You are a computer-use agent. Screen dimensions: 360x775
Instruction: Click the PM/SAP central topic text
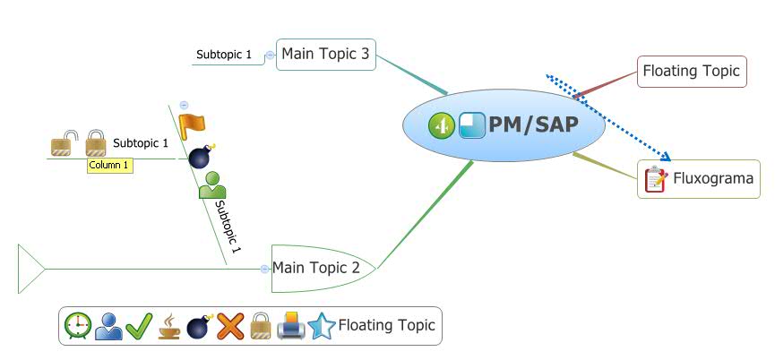(x=533, y=125)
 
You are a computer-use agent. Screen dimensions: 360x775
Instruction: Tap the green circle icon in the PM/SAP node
(x=440, y=126)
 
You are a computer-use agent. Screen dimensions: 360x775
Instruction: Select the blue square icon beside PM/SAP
(x=471, y=126)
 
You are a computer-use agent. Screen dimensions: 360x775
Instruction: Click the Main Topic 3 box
(x=324, y=55)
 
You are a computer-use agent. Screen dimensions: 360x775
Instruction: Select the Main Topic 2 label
(x=316, y=268)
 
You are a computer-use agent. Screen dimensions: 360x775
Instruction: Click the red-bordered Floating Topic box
(x=692, y=71)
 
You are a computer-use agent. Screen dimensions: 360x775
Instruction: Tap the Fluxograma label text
(x=713, y=179)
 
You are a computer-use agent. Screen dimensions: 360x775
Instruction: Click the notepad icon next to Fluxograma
(x=656, y=179)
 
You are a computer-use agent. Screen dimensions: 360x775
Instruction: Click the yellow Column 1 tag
(x=109, y=166)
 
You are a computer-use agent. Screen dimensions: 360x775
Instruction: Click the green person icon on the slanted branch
(x=212, y=184)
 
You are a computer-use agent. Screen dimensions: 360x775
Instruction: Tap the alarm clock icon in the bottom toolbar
(x=78, y=326)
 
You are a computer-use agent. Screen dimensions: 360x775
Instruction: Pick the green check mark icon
(x=139, y=326)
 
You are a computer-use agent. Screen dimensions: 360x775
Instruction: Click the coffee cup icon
(x=169, y=327)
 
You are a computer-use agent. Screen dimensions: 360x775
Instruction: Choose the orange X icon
(x=230, y=326)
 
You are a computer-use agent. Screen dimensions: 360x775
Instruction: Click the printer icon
(x=291, y=327)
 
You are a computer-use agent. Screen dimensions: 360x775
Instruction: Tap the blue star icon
(x=321, y=326)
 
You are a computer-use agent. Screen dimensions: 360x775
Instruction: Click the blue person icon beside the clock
(x=108, y=326)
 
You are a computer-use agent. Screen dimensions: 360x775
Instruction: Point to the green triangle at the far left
(x=30, y=268)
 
